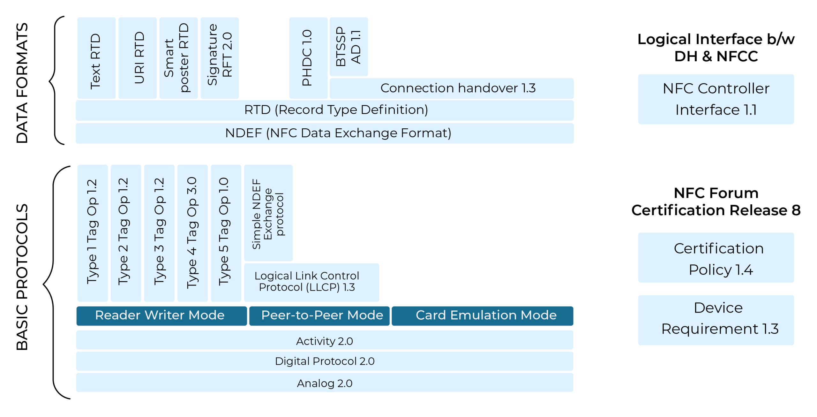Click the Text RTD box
pos(96,58)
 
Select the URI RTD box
pos(137,58)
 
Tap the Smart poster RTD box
pos(178,58)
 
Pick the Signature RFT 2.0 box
pos(219,58)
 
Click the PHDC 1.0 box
pos(308,58)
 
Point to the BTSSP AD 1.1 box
pos(349,47)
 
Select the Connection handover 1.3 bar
pos(451,88)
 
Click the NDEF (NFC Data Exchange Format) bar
pos(324,133)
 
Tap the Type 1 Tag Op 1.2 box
pos(92,233)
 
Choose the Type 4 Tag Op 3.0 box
pos(192,233)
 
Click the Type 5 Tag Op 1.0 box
pos(226,233)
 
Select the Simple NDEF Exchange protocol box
pos(268,213)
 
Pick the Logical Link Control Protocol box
pos(311,282)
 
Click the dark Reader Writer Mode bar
pos(161,315)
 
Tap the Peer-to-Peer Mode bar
pos(319,315)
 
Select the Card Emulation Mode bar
pos(482,315)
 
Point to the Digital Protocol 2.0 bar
pos(324,361)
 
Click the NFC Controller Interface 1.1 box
pos(716,99)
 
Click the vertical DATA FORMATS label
pos(22,83)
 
